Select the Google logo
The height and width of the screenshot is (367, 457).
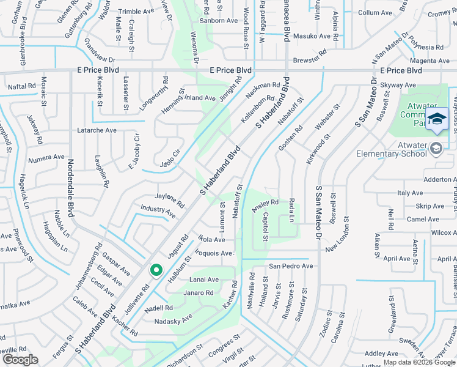coord(20,360)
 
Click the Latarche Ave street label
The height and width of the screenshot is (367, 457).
coord(97,130)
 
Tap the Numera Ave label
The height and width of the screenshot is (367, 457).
coord(46,157)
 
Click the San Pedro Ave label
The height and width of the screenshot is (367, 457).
coord(291,266)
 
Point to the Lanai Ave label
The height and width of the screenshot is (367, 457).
coord(204,280)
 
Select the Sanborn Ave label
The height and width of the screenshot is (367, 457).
coord(222,20)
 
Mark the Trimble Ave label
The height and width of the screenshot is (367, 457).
coord(136,12)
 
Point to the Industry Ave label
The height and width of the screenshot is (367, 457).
coord(158,212)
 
